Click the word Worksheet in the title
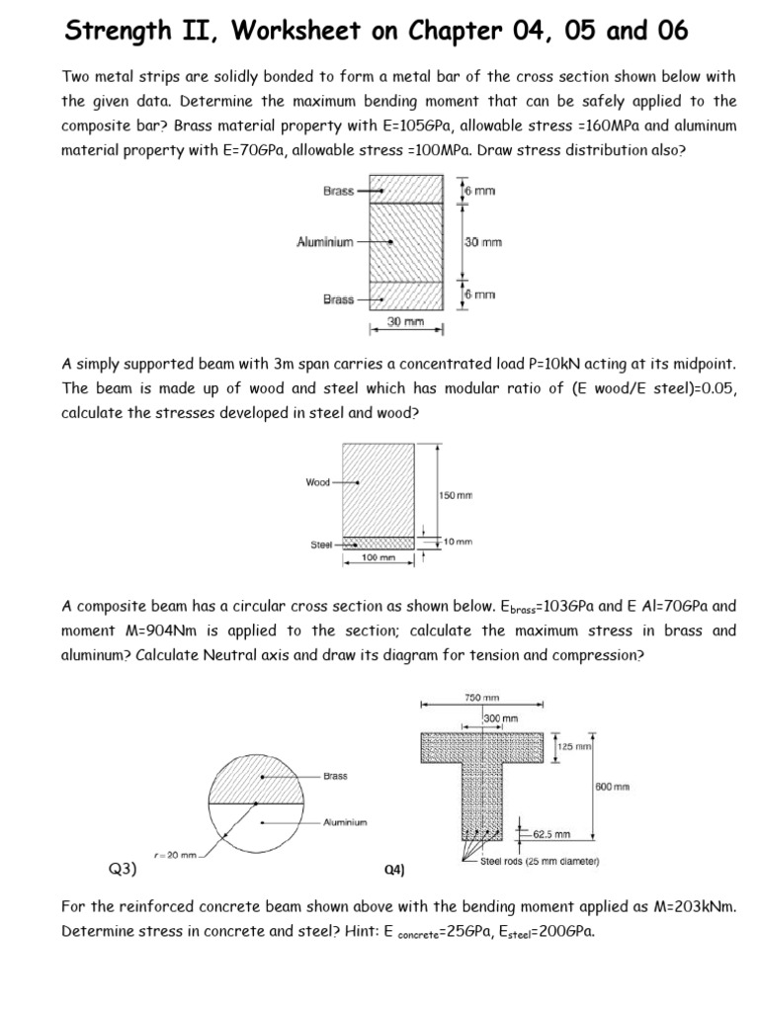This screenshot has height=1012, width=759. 287,32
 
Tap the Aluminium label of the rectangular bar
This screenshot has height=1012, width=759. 325,241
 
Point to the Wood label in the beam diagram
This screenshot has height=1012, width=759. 317,482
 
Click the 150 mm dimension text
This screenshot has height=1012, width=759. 456,494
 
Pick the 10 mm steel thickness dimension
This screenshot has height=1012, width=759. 459,542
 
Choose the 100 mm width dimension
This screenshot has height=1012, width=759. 378,558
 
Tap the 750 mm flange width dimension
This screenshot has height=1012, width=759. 481,698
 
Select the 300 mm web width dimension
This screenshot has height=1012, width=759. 501,717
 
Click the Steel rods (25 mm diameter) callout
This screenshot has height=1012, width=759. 541,861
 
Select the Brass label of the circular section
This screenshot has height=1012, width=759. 335,776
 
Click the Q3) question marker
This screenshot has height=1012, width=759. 122,870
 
